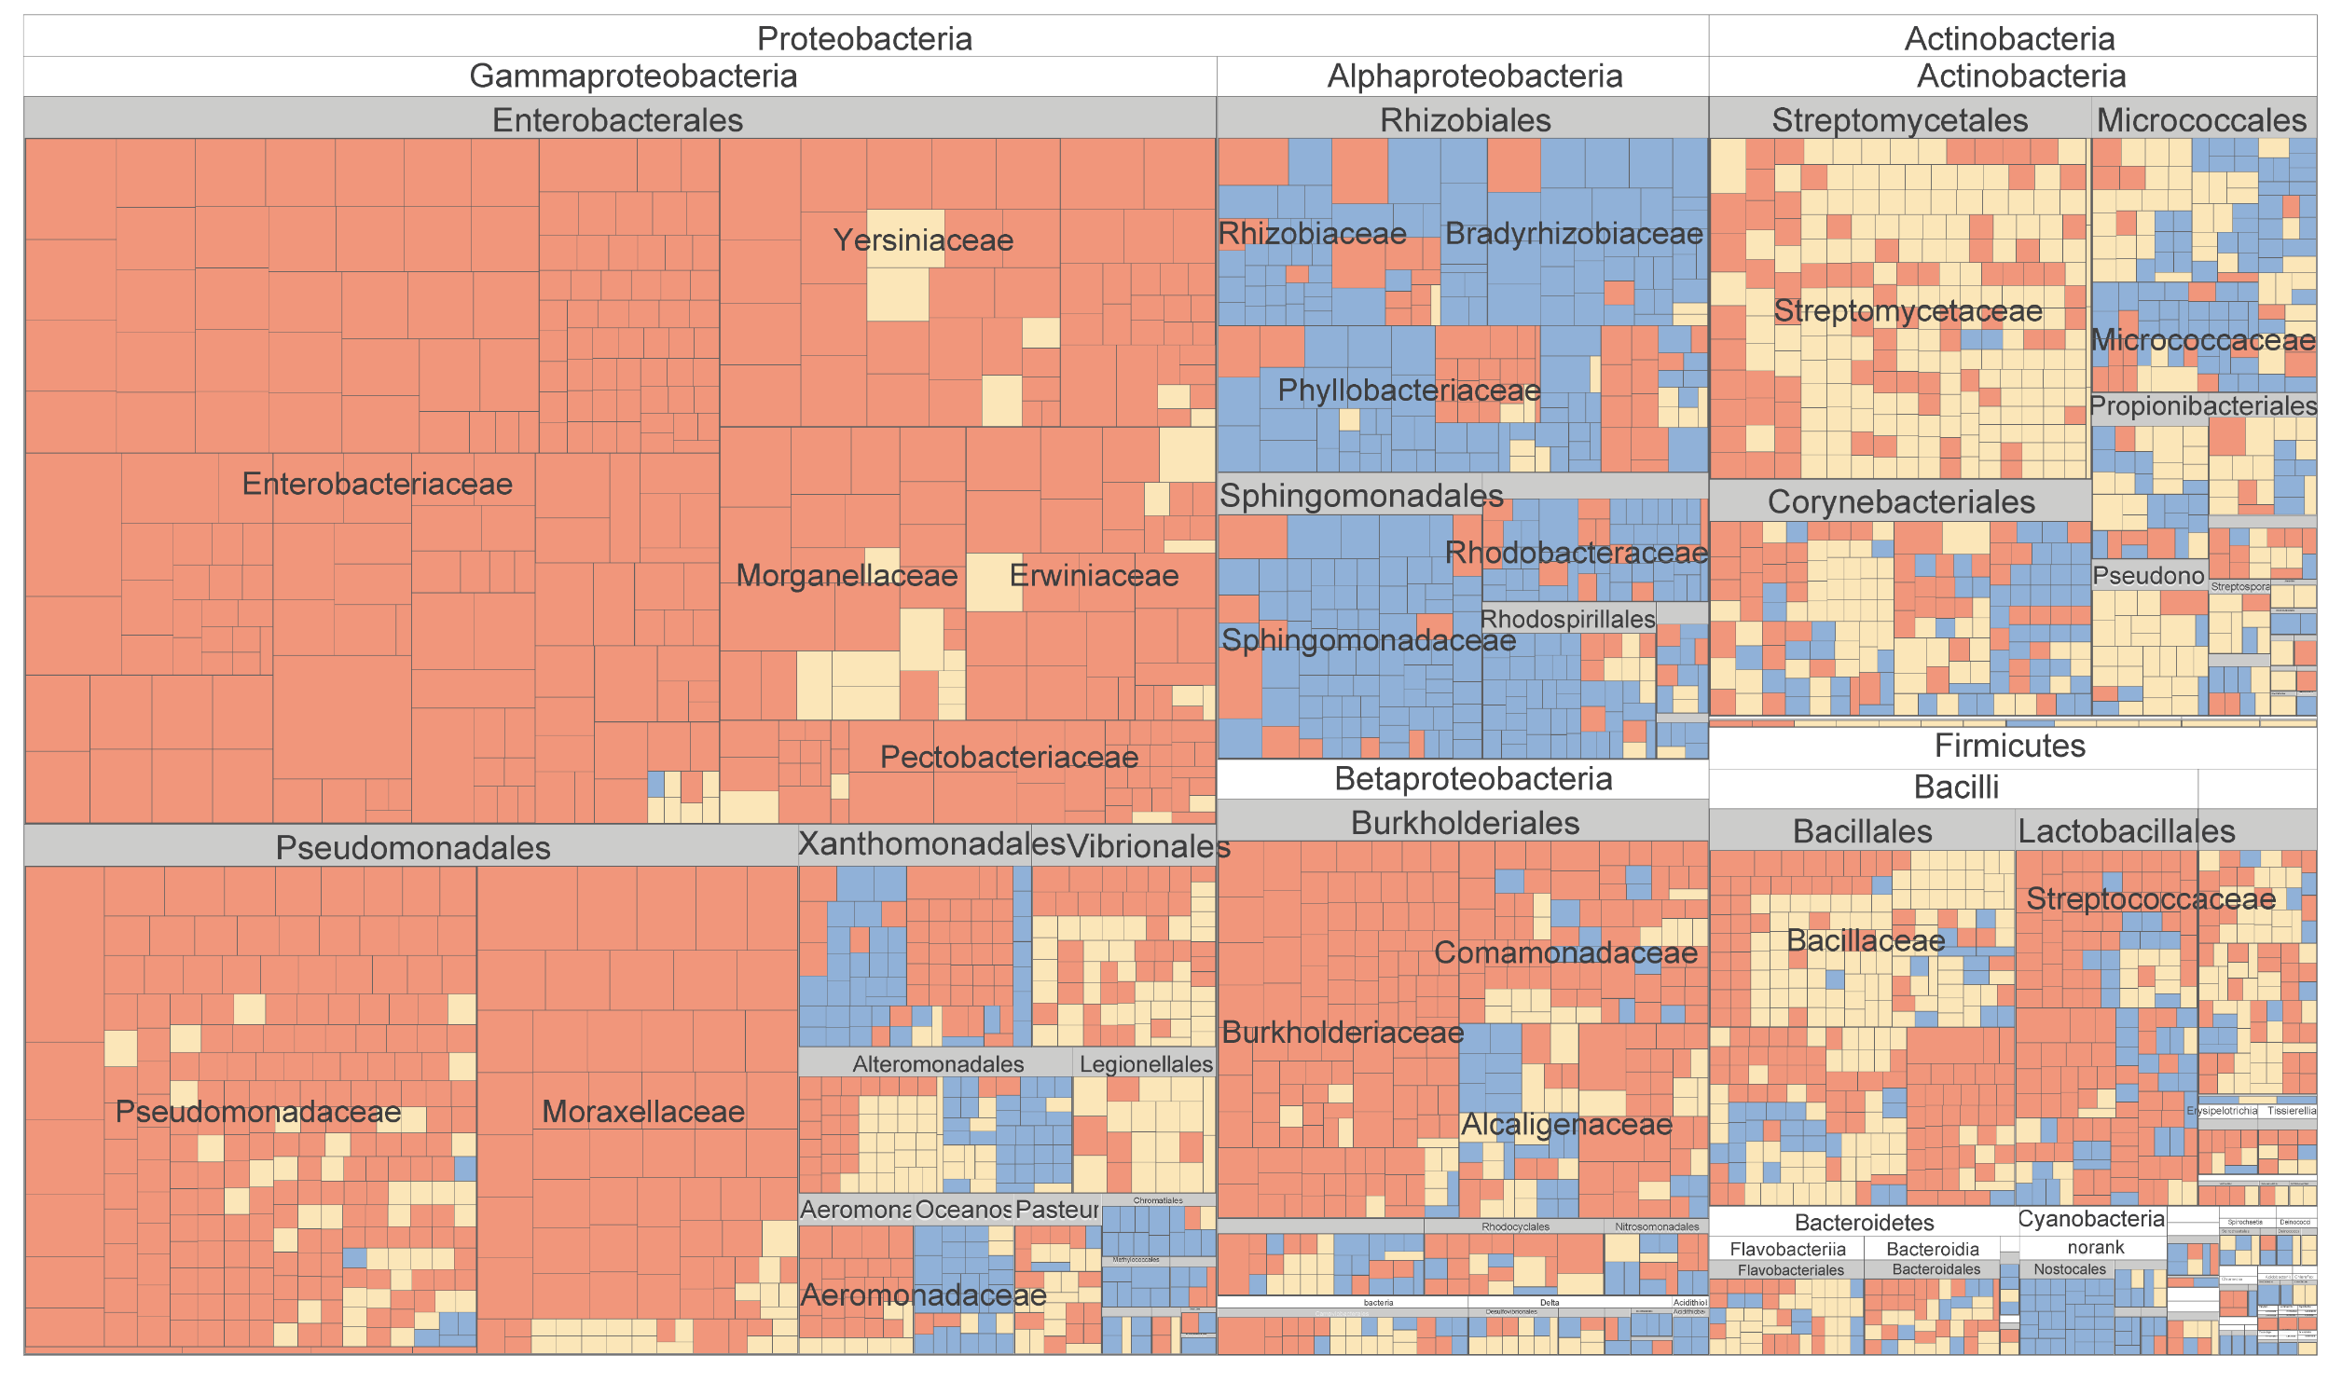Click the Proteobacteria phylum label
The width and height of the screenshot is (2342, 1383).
click(x=864, y=38)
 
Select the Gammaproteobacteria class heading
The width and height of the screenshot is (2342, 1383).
click(x=633, y=76)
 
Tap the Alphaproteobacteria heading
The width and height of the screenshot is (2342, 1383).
click(x=1474, y=76)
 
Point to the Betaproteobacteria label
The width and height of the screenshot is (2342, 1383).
click(x=1473, y=779)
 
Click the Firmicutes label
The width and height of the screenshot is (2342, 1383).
click(x=2009, y=746)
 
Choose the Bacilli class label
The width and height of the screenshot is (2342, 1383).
click(x=1956, y=787)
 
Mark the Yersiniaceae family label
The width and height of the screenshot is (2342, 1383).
click(x=923, y=240)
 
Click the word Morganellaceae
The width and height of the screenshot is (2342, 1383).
click(x=847, y=576)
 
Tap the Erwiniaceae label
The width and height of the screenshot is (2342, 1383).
click(x=1094, y=576)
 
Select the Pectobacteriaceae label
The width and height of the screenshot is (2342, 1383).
click(x=1009, y=758)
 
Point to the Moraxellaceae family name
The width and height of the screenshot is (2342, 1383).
click(x=643, y=1112)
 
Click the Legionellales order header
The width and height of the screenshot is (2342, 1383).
click(x=1146, y=1064)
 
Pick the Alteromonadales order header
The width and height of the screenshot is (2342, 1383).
click(x=938, y=1064)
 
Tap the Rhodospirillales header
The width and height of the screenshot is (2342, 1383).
click(x=1567, y=619)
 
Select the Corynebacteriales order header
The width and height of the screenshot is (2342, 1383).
click(x=1901, y=502)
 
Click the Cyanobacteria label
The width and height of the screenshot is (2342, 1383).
click(x=2091, y=1219)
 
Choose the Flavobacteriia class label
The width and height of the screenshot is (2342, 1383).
click(x=1787, y=1250)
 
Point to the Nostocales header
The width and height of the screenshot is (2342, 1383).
click(x=2070, y=1269)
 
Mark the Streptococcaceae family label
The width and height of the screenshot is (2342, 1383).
click(x=2151, y=899)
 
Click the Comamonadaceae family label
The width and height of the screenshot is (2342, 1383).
click(x=1565, y=953)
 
